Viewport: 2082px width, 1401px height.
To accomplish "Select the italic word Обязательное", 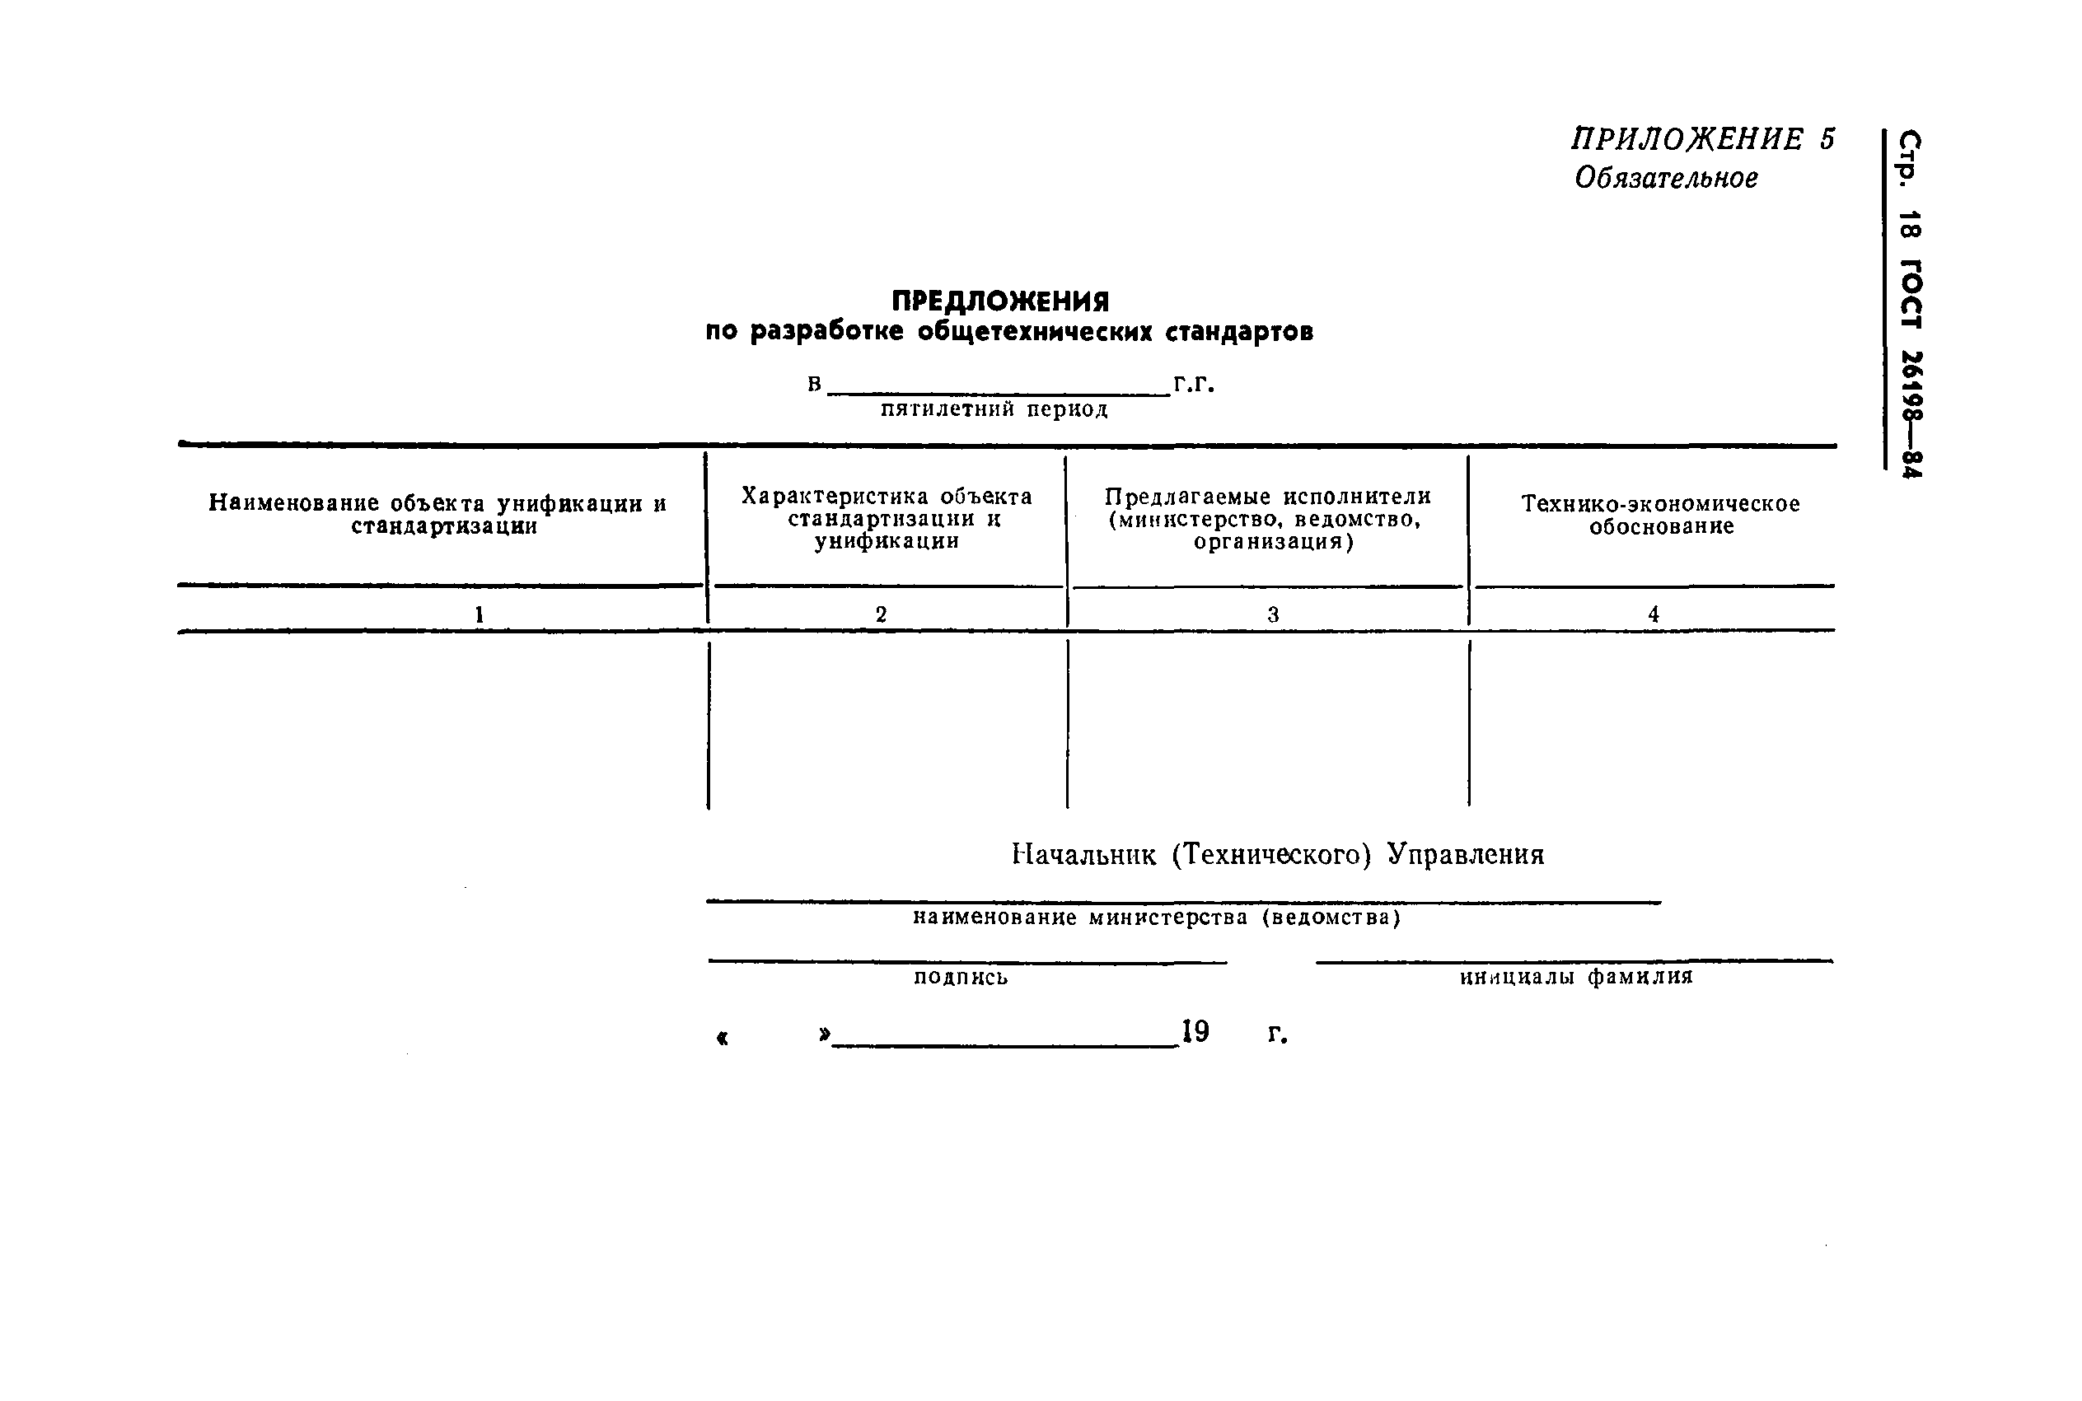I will (1666, 179).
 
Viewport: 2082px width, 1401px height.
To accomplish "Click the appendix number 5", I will (1827, 139).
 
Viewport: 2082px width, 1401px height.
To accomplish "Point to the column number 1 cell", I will (479, 614).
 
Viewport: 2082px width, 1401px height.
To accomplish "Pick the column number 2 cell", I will (881, 614).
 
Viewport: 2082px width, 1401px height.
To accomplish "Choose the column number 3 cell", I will (1272, 614).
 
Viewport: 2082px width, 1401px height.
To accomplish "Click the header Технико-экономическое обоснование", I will (1660, 515).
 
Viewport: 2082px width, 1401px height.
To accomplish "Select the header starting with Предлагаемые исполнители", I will (1267, 518).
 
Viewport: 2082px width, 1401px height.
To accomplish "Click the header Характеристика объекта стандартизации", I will (887, 518).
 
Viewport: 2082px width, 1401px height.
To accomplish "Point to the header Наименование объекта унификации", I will (437, 515).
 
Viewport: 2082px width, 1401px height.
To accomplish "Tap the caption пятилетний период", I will (994, 409).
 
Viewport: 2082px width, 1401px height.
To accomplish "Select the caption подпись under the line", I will (961, 978).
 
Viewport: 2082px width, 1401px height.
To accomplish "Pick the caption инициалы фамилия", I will (1576, 977).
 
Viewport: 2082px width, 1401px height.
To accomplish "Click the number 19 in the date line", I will (1195, 1032).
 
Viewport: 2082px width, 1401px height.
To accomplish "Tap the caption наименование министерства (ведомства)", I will (1156, 918).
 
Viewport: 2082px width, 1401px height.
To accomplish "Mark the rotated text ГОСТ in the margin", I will (1910, 295).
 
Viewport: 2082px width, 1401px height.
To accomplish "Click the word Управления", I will (1466, 855).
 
